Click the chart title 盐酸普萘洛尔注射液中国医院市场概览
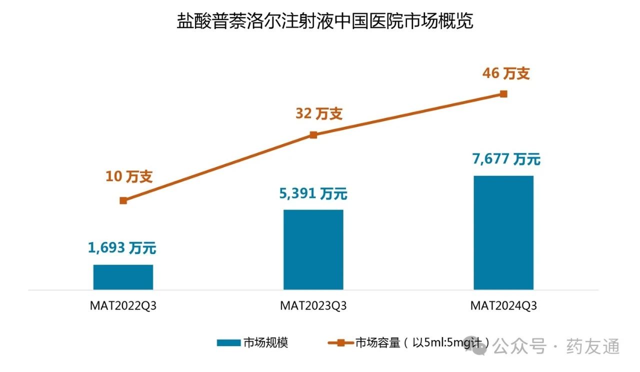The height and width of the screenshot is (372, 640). pos(324,21)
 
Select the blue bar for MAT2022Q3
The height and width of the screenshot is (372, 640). pos(123,277)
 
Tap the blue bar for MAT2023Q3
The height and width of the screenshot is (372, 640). pos(313,249)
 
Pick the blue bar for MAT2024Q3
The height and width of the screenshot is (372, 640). pos(503,232)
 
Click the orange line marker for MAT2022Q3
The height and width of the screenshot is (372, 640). pos(123,200)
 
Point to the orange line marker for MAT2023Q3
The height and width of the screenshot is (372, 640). pos(313,134)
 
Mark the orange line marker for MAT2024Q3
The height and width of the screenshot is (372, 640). pos(503,94)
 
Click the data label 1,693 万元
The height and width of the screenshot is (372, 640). pos(122,247)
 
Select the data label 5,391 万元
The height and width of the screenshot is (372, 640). pos(313,193)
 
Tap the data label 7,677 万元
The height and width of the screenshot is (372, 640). pos(506,159)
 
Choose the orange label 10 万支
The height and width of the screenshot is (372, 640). pos(128,176)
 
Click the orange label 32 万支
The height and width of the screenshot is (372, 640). pos(319,113)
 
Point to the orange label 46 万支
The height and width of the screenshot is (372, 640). pos(506,74)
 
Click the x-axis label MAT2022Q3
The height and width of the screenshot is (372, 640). pos(123,305)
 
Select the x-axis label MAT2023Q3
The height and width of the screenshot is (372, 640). pos(313,305)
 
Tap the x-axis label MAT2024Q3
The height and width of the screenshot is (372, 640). pos(503,305)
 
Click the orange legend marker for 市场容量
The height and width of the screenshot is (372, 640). pos(340,343)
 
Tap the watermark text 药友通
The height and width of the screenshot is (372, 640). pos(593,346)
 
